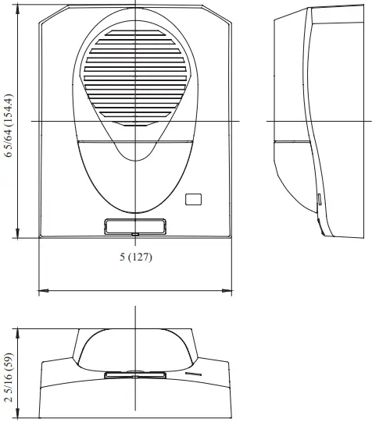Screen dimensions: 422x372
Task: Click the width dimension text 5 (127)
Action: point(135,257)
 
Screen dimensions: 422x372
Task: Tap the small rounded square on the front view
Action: point(193,200)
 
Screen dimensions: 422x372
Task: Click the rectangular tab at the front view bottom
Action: point(135,226)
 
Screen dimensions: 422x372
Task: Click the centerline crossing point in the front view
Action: point(135,121)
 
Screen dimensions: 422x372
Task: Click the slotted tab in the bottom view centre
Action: point(135,375)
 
